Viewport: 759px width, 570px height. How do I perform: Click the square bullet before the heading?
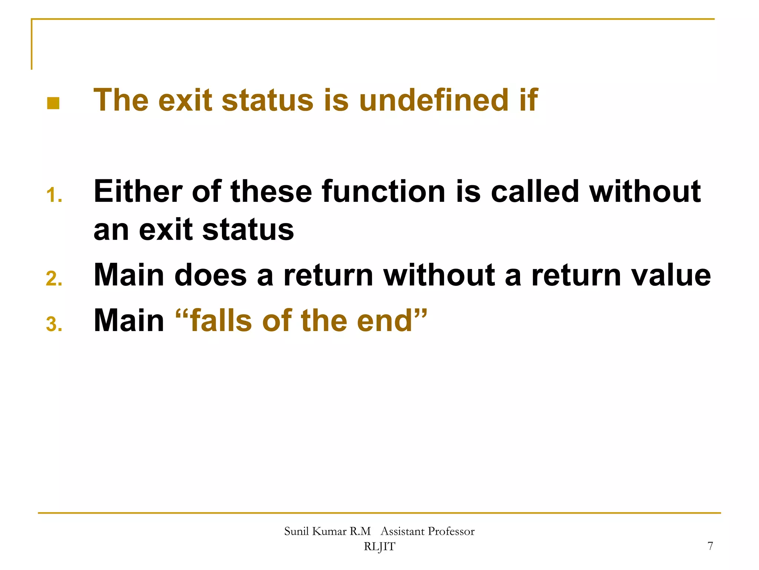(53, 103)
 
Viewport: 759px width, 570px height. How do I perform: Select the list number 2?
(54, 279)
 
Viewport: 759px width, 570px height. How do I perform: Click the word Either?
(137, 191)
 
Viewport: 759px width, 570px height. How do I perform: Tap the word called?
(535, 191)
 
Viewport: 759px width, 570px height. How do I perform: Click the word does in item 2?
(211, 275)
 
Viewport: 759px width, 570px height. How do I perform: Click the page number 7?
(710, 546)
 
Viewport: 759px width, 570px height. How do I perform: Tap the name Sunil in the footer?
(296, 531)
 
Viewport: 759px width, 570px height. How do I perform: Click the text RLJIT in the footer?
(379, 547)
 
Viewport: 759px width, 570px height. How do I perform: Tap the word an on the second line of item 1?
(112, 230)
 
